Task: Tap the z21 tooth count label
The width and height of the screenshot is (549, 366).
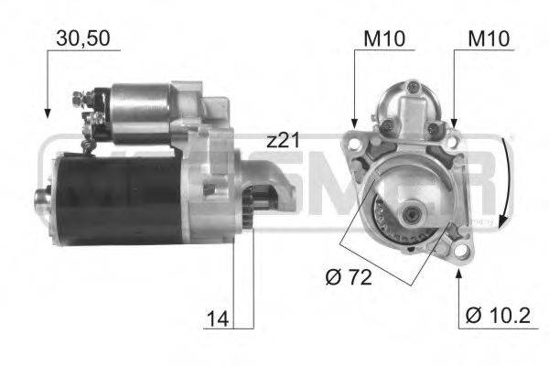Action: coord(284,142)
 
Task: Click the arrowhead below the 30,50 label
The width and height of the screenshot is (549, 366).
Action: coord(48,115)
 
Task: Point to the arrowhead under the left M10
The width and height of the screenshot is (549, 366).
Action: coord(355,123)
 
